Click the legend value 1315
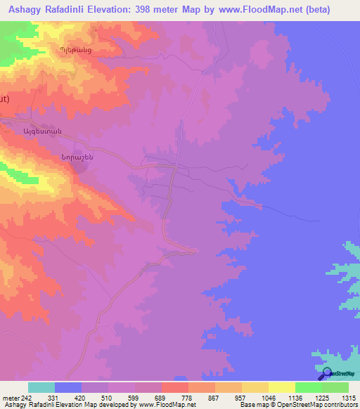pos(348,398)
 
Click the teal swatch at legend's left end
pos(41,387)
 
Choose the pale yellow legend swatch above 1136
pos(281,387)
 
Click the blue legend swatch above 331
pos(68,387)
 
